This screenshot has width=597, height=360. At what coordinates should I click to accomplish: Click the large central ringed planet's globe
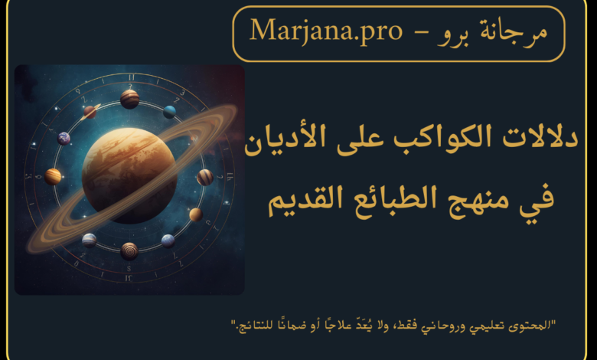pos(129,175)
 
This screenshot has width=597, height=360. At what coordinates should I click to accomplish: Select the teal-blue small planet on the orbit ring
pos(169,112)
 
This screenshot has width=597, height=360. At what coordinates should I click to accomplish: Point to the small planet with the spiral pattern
pos(129,251)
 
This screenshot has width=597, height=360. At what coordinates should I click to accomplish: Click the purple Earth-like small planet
pos(64,139)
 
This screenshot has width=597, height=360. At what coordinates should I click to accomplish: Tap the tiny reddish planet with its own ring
pos(90,112)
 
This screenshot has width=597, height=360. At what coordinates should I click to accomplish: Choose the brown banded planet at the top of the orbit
pos(129,99)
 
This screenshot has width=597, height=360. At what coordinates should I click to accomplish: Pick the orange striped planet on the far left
pos(53,176)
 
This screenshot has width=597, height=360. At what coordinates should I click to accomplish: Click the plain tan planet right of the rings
pos(196,214)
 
